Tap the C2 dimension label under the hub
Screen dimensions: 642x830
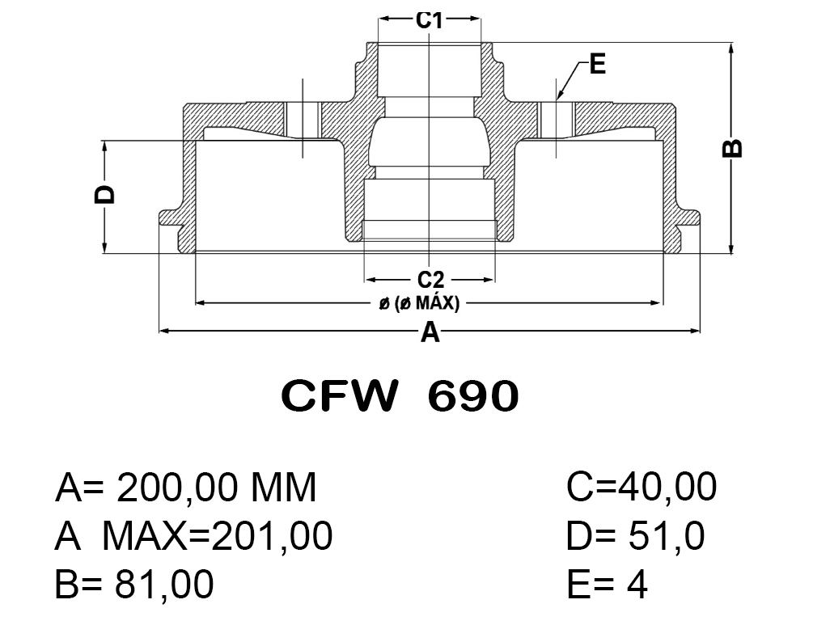tap(430, 280)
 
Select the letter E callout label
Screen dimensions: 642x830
tap(598, 64)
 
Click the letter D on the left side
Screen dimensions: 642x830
tap(105, 195)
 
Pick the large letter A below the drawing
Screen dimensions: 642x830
tap(430, 332)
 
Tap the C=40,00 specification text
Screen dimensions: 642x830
tap(642, 488)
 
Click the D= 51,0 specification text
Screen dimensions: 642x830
tap(636, 536)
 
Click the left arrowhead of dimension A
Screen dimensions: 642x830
tap(163, 331)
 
